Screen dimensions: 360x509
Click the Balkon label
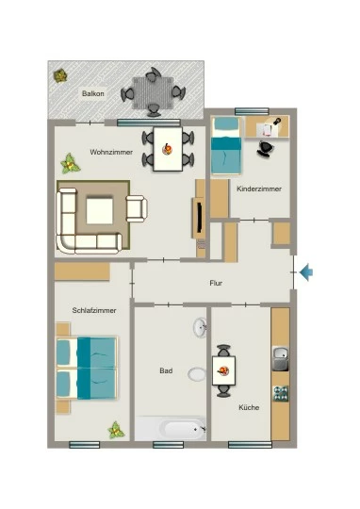(93, 93)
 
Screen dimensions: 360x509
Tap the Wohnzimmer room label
(111, 152)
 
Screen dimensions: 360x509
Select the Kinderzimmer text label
(259, 189)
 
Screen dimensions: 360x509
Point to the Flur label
(216, 283)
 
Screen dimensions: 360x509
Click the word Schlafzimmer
(94, 310)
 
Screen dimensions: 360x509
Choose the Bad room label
(166, 370)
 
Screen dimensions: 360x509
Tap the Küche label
(249, 407)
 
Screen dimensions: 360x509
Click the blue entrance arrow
(306, 272)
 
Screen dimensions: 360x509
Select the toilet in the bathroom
(197, 374)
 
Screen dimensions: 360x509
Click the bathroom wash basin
(200, 327)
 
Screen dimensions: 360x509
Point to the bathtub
(171, 429)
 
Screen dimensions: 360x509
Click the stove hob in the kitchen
(281, 393)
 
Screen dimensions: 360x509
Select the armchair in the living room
(137, 208)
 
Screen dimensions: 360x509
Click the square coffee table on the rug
(100, 211)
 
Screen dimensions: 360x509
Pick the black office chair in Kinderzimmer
(266, 149)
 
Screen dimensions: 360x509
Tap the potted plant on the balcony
(60, 76)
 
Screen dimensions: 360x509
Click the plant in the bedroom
(116, 430)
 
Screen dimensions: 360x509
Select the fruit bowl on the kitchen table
(223, 370)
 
